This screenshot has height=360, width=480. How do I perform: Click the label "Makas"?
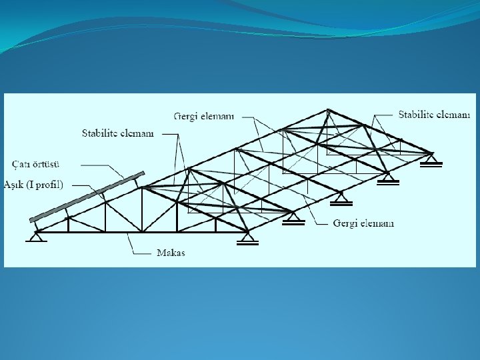[171, 252]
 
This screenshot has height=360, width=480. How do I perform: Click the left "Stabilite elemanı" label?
[117, 133]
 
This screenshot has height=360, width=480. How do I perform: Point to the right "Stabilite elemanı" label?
[434, 115]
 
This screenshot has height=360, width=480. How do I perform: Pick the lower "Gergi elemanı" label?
[363, 223]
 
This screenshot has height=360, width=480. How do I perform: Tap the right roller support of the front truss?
[248, 238]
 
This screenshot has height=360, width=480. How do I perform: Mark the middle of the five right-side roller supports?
[341, 198]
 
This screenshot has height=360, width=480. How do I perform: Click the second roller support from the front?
[293, 218]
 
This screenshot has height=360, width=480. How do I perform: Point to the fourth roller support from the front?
[388, 178]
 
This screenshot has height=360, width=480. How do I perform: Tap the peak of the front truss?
[142, 187]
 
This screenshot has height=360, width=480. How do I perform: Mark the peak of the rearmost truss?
[327, 110]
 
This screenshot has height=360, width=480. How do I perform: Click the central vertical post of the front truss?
[142, 210]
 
